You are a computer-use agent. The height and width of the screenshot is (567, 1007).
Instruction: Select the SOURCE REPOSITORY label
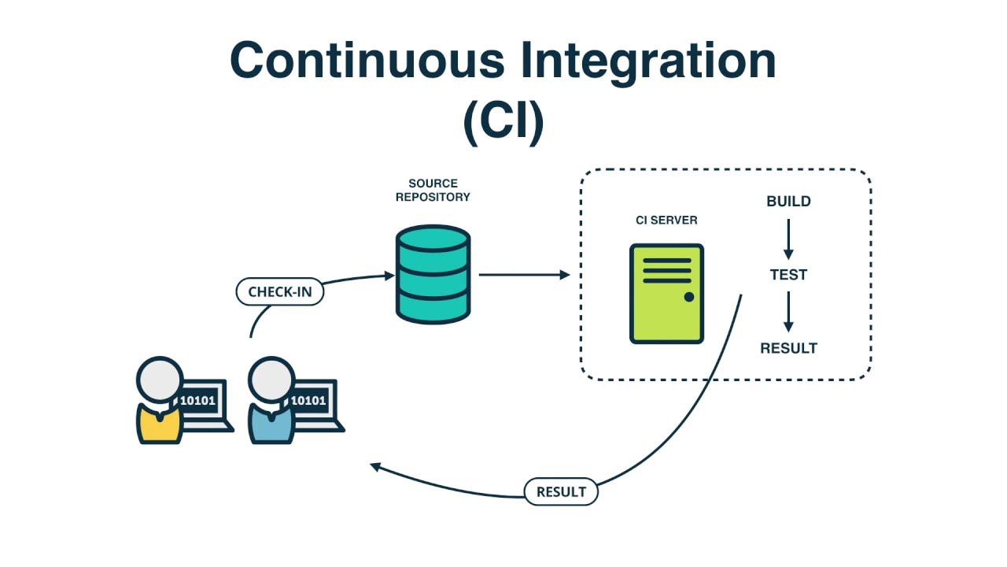click(433, 191)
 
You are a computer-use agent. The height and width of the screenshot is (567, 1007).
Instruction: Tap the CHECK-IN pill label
click(280, 292)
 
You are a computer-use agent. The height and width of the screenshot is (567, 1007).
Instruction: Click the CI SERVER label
click(666, 220)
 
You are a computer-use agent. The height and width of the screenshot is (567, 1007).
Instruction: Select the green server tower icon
click(666, 293)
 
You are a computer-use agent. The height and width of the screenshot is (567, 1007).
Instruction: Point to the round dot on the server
click(689, 298)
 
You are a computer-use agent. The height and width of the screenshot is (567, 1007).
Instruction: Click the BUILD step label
click(788, 202)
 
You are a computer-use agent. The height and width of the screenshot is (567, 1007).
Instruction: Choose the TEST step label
click(788, 275)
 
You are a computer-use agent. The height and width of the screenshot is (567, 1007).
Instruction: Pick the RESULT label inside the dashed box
click(788, 348)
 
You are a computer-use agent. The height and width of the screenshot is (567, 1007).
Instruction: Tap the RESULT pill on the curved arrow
click(561, 492)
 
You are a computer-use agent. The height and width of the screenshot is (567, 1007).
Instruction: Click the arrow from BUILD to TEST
click(788, 238)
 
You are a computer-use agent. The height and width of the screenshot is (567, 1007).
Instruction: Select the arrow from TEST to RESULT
click(788, 311)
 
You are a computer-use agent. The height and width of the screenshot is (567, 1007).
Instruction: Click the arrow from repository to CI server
click(523, 275)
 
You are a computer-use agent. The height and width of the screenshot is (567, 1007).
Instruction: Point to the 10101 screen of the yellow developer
click(197, 400)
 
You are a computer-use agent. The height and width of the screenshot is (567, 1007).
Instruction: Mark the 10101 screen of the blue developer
click(308, 400)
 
